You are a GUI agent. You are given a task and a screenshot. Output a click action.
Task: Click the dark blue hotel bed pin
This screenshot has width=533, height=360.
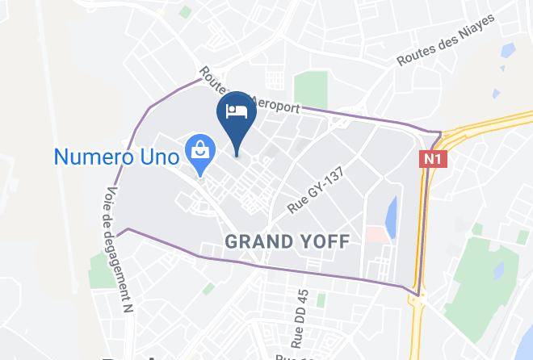237,118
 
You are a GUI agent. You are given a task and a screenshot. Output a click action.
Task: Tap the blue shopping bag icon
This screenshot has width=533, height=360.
198,151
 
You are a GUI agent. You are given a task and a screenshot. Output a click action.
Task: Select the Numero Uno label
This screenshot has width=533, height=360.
116,153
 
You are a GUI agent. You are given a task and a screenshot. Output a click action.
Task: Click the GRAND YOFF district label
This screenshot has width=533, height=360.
287,241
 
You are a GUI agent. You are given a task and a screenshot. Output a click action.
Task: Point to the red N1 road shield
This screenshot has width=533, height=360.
429,160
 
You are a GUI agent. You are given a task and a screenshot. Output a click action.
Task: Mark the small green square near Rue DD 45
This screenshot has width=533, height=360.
320,300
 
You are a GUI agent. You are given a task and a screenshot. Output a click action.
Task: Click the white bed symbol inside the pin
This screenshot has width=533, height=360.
237,111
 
